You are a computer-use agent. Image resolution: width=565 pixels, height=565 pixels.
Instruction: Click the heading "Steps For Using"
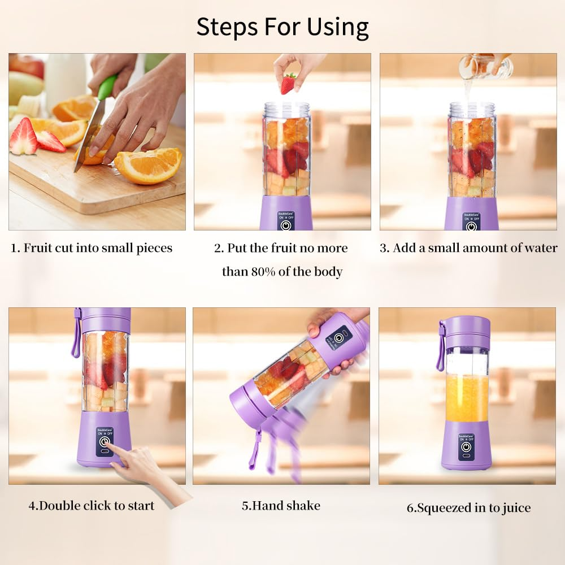pyautogui.click(x=282, y=27)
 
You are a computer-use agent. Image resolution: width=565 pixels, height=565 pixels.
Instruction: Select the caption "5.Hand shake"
pyautogui.click(x=281, y=506)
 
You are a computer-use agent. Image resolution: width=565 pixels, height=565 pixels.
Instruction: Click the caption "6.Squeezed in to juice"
pyautogui.click(x=468, y=508)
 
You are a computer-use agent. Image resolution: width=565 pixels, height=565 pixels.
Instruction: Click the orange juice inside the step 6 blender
pyautogui.click(x=467, y=398)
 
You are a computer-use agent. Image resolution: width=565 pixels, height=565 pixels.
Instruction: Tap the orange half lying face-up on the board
pyautogui.click(x=149, y=165)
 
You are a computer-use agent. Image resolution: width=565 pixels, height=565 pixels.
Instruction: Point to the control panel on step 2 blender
pyautogui.click(x=286, y=221)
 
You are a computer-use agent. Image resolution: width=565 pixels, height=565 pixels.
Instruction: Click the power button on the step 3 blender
pyautogui.click(x=471, y=225)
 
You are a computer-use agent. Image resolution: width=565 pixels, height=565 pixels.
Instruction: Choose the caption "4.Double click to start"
pyautogui.click(x=92, y=506)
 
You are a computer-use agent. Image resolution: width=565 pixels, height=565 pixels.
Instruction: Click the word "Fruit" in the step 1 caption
pyautogui.click(x=38, y=248)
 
